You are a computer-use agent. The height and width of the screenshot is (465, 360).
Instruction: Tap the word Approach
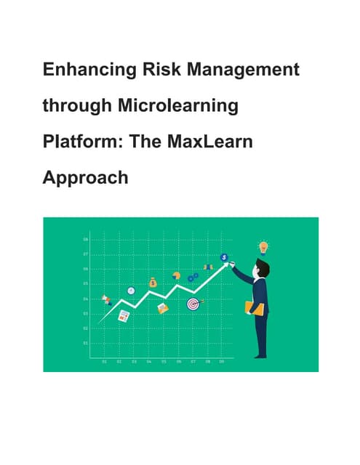[x=85, y=177]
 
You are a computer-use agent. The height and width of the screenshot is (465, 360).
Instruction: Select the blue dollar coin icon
[x=225, y=257]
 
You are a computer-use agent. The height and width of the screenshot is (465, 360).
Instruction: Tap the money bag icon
[x=153, y=282]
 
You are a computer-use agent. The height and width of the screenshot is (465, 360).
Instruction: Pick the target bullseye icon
[x=193, y=303]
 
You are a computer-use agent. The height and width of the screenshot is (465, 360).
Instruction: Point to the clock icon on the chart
[x=131, y=291]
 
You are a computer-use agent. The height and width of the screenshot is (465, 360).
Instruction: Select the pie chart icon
[x=175, y=275]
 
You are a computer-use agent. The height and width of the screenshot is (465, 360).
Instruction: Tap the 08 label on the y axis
[x=86, y=239]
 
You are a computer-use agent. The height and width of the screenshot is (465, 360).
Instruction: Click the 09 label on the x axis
[x=222, y=361]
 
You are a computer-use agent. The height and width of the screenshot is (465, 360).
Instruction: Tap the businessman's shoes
[x=260, y=355]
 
